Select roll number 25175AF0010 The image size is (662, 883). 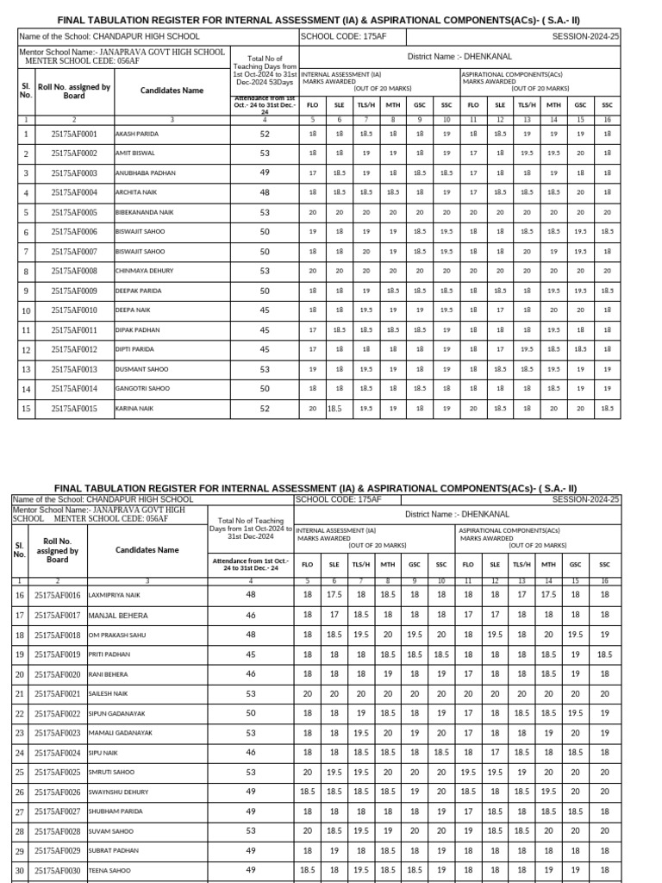click(x=74, y=310)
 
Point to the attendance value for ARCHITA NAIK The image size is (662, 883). click(x=265, y=192)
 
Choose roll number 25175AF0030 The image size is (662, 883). click(x=58, y=871)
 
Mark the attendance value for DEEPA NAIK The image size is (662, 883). click(x=265, y=310)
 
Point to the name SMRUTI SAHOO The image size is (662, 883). click(x=112, y=773)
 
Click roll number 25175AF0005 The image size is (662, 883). click(x=74, y=212)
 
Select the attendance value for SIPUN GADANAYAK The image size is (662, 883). click(x=251, y=713)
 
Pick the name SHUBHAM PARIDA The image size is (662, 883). click(x=116, y=811)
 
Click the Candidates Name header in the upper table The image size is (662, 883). click(x=172, y=91)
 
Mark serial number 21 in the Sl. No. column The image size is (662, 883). click(x=19, y=694)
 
